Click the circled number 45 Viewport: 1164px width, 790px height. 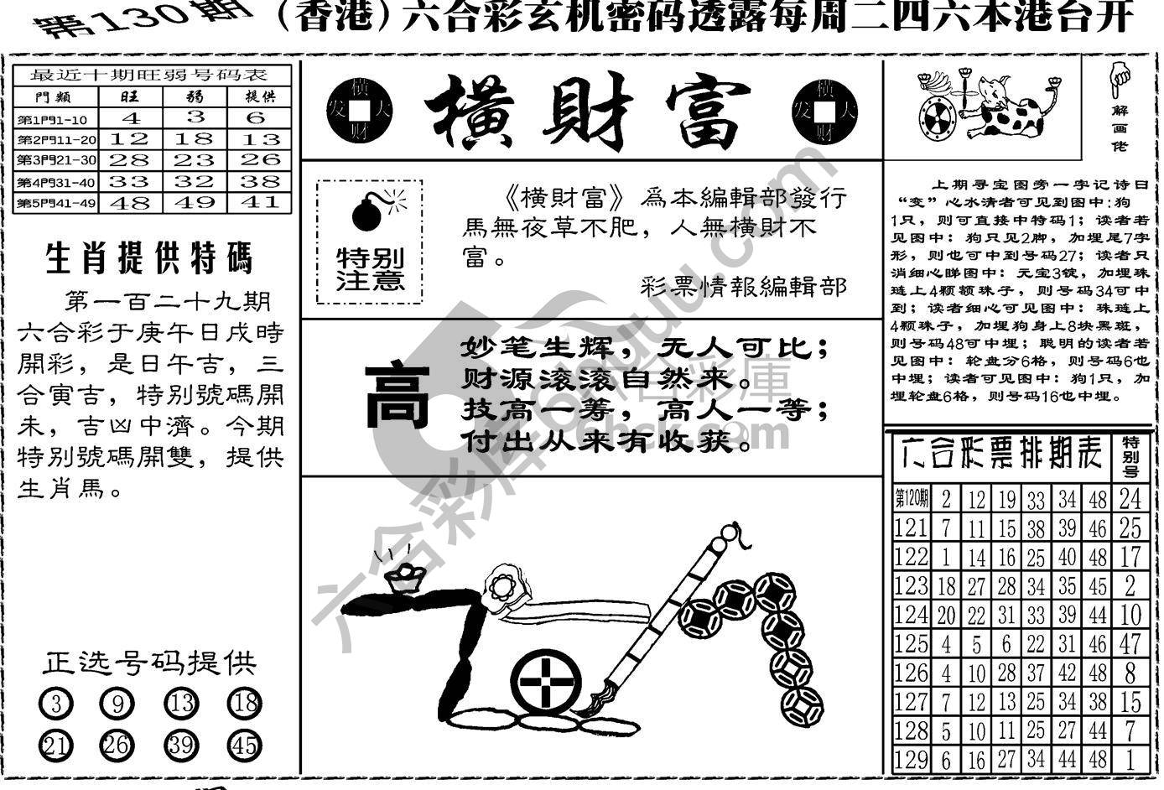(244, 744)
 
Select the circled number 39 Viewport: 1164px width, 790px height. (181, 744)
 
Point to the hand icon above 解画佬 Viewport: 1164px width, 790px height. (1119, 80)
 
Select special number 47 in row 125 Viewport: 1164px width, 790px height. (1130, 643)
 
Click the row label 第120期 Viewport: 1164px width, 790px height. (912, 499)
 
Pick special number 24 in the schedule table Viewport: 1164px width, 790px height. (1130, 499)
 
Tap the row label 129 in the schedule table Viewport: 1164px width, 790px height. (912, 760)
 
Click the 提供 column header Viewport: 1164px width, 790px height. (259, 96)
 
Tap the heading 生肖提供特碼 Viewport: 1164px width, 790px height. (149, 260)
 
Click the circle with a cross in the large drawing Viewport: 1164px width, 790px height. (546, 682)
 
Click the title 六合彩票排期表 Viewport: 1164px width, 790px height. (998, 456)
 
